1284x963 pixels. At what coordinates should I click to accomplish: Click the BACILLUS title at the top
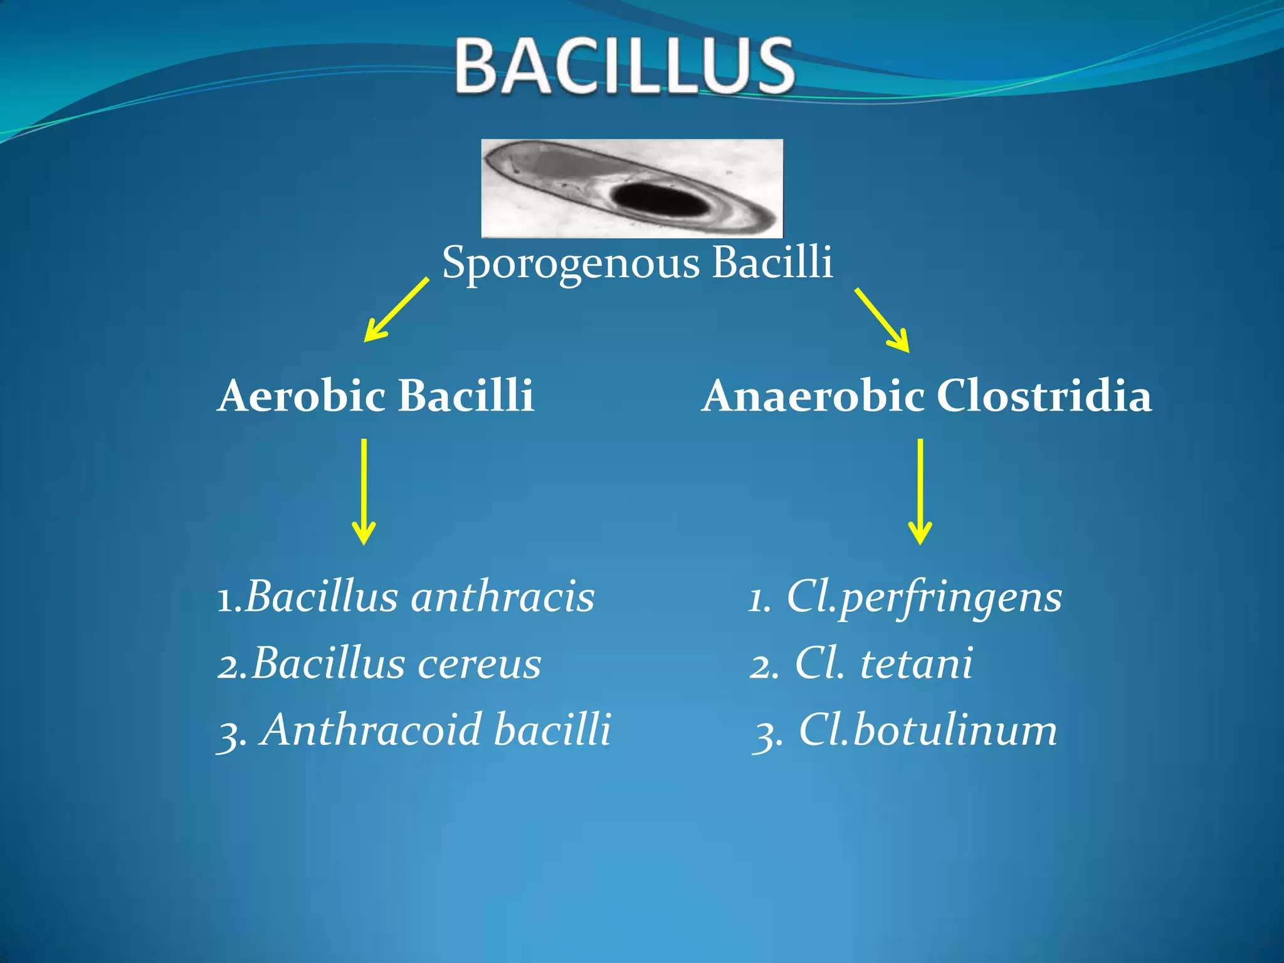coord(624,66)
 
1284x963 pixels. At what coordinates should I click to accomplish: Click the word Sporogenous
coord(571,263)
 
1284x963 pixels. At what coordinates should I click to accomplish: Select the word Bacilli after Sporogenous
coord(772,262)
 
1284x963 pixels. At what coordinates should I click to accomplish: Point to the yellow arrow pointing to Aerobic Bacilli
coord(396,310)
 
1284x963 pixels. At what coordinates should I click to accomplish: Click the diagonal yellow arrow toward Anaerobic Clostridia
coord(882,320)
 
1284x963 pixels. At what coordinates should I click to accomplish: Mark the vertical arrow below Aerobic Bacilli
coord(364,492)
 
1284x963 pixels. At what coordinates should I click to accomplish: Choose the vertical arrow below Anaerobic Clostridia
coord(920,492)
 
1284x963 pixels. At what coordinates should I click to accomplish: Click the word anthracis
coord(503,597)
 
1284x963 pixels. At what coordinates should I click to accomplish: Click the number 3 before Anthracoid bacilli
coord(228,734)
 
